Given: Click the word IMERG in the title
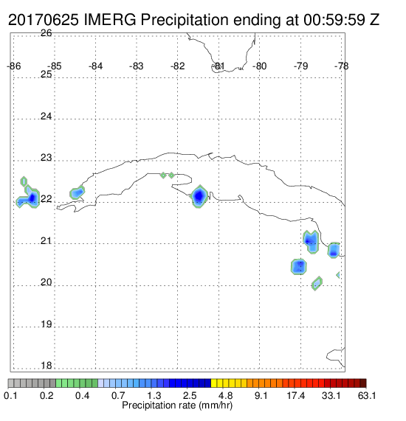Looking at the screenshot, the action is [x=110, y=20].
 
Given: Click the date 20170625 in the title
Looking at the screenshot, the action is [x=44, y=20].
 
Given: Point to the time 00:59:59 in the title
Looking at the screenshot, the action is [x=334, y=20].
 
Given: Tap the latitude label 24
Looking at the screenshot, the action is [x=46, y=116].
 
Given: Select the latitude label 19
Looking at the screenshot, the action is [x=46, y=324].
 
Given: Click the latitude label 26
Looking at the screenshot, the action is [x=46, y=33].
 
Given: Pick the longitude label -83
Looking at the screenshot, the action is [x=137, y=66].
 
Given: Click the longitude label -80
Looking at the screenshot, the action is [x=259, y=66].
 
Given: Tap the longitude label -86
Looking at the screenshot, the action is [x=14, y=66].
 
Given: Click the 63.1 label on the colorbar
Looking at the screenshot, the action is [x=366, y=395].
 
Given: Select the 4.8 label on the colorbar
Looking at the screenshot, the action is [x=225, y=395].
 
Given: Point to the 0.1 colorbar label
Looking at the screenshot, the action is [x=10, y=395].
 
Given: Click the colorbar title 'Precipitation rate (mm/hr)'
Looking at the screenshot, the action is [x=177, y=406].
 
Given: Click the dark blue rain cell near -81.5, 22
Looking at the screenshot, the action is [x=199, y=197].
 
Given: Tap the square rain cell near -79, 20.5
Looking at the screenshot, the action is [x=299, y=267].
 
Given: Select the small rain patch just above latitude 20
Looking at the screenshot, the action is [x=317, y=283].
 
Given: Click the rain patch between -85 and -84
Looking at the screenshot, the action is [x=78, y=192].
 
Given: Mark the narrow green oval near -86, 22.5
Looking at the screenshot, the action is [x=24, y=181].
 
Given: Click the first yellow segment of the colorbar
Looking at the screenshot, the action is [x=214, y=383].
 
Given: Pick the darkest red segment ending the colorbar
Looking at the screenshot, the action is [x=363, y=383].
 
